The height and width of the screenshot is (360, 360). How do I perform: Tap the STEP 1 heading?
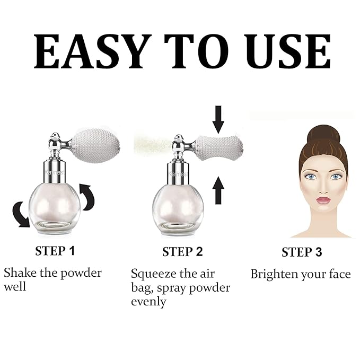coord(58,251)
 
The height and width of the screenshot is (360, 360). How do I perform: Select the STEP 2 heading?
coord(182,251)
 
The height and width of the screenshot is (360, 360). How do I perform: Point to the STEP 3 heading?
coord(302,252)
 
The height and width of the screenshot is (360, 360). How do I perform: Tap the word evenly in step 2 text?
coord(149,302)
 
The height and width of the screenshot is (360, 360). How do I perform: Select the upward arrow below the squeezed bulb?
coord(218,191)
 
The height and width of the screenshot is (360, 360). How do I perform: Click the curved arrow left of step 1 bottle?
coord(21,213)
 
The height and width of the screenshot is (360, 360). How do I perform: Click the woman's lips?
coord(323,200)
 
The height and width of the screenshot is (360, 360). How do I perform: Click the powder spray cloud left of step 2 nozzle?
coord(151,145)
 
